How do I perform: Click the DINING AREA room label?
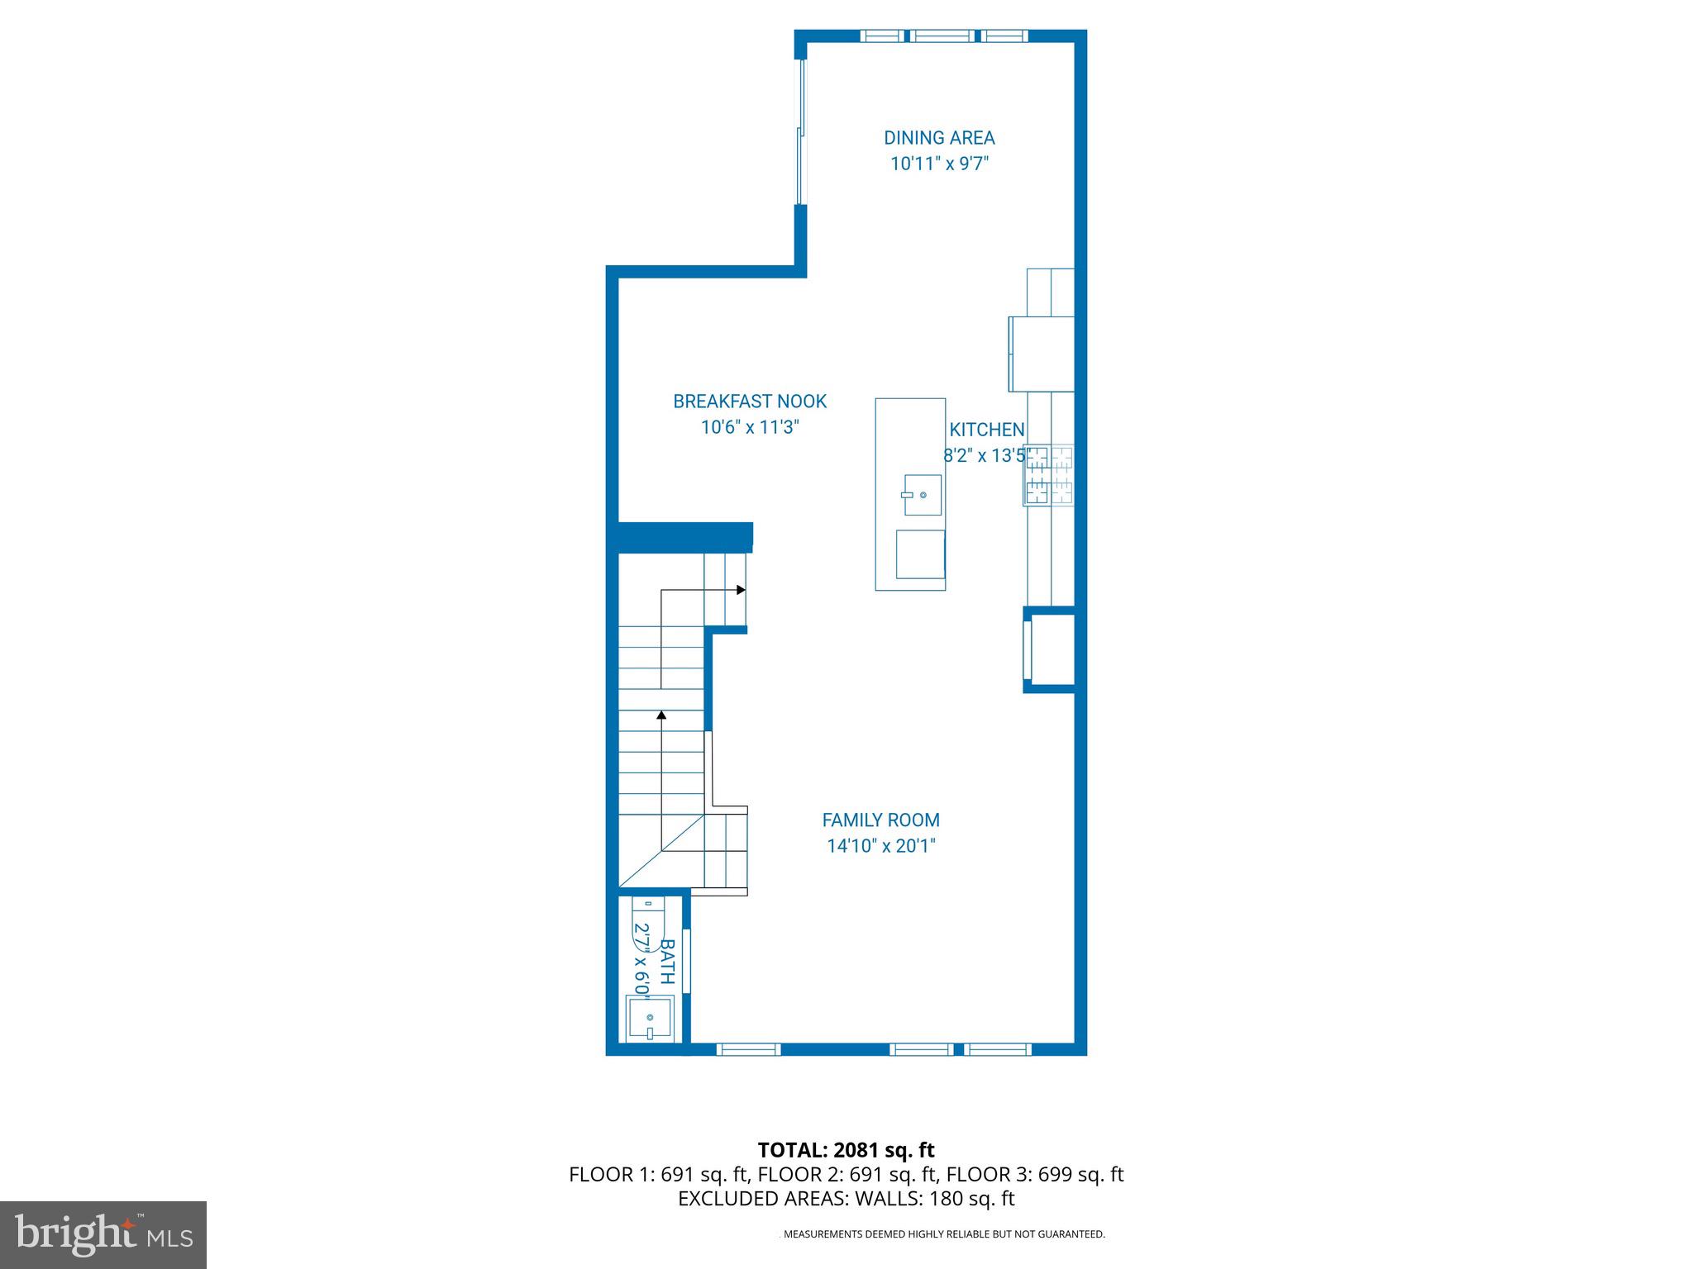939,138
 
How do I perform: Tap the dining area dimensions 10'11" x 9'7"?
939,164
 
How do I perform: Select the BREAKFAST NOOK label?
750,402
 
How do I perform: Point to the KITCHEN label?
986,430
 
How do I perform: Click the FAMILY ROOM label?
880,820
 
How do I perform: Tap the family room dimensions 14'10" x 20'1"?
880,846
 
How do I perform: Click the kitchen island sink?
922,495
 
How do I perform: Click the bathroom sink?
650,1018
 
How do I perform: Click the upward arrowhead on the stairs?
661,714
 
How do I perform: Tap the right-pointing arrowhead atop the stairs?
742,590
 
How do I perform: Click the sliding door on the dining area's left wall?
800,132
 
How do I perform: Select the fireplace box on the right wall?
1051,649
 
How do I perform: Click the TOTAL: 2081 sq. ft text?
846,1150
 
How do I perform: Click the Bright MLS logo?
103,1235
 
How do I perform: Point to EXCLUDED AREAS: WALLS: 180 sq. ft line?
846,1199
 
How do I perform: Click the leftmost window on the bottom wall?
748,1049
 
